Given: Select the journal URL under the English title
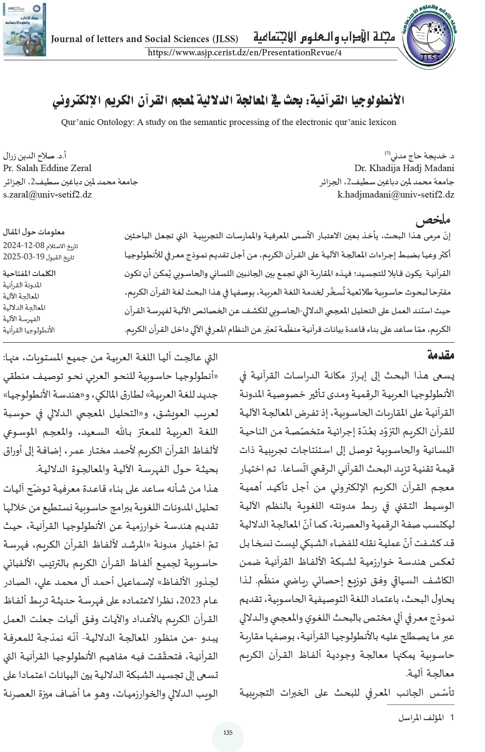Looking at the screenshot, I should click(x=244, y=52).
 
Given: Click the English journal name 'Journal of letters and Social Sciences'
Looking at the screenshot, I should click(x=144, y=39).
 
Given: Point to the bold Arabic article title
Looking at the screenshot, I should click(x=229, y=100).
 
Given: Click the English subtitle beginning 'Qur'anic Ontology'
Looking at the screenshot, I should click(x=229, y=122).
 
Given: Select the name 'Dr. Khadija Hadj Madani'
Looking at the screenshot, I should click(x=404, y=168).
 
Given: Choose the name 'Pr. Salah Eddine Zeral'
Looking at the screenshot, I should click(x=47, y=168).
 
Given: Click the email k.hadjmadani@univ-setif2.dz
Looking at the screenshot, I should click(x=396, y=195).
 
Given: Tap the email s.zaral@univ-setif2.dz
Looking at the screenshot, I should click(x=48, y=195).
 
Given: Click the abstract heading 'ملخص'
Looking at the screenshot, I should click(x=433, y=219).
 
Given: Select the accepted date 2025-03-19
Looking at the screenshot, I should click(x=23, y=256).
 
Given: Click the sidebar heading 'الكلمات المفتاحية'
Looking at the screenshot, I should click(x=29, y=273).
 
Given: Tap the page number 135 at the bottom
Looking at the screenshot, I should click(x=228, y=733).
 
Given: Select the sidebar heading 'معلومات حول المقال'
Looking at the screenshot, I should click(x=34, y=231).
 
